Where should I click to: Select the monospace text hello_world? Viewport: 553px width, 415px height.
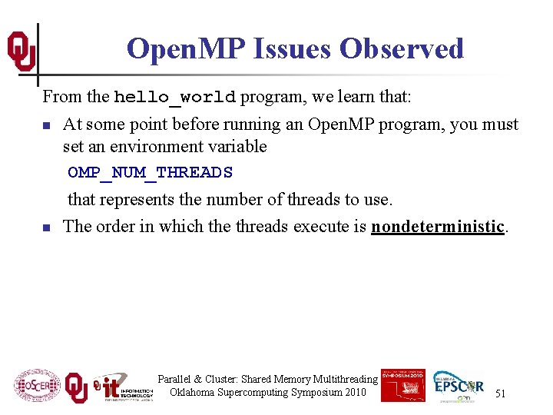point(175,98)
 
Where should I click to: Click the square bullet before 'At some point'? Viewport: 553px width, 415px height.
point(47,125)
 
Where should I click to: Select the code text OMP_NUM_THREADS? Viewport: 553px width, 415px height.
point(150,173)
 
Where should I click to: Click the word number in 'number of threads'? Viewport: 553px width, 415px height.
point(239,200)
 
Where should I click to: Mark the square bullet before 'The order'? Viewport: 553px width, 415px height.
point(47,227)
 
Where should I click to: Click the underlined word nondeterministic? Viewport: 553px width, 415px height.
point(438,226)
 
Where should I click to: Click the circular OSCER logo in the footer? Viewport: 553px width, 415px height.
point(36,386)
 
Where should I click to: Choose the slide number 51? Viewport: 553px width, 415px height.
point(500,393)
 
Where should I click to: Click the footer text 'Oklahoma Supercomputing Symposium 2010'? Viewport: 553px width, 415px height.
point(268,393)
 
